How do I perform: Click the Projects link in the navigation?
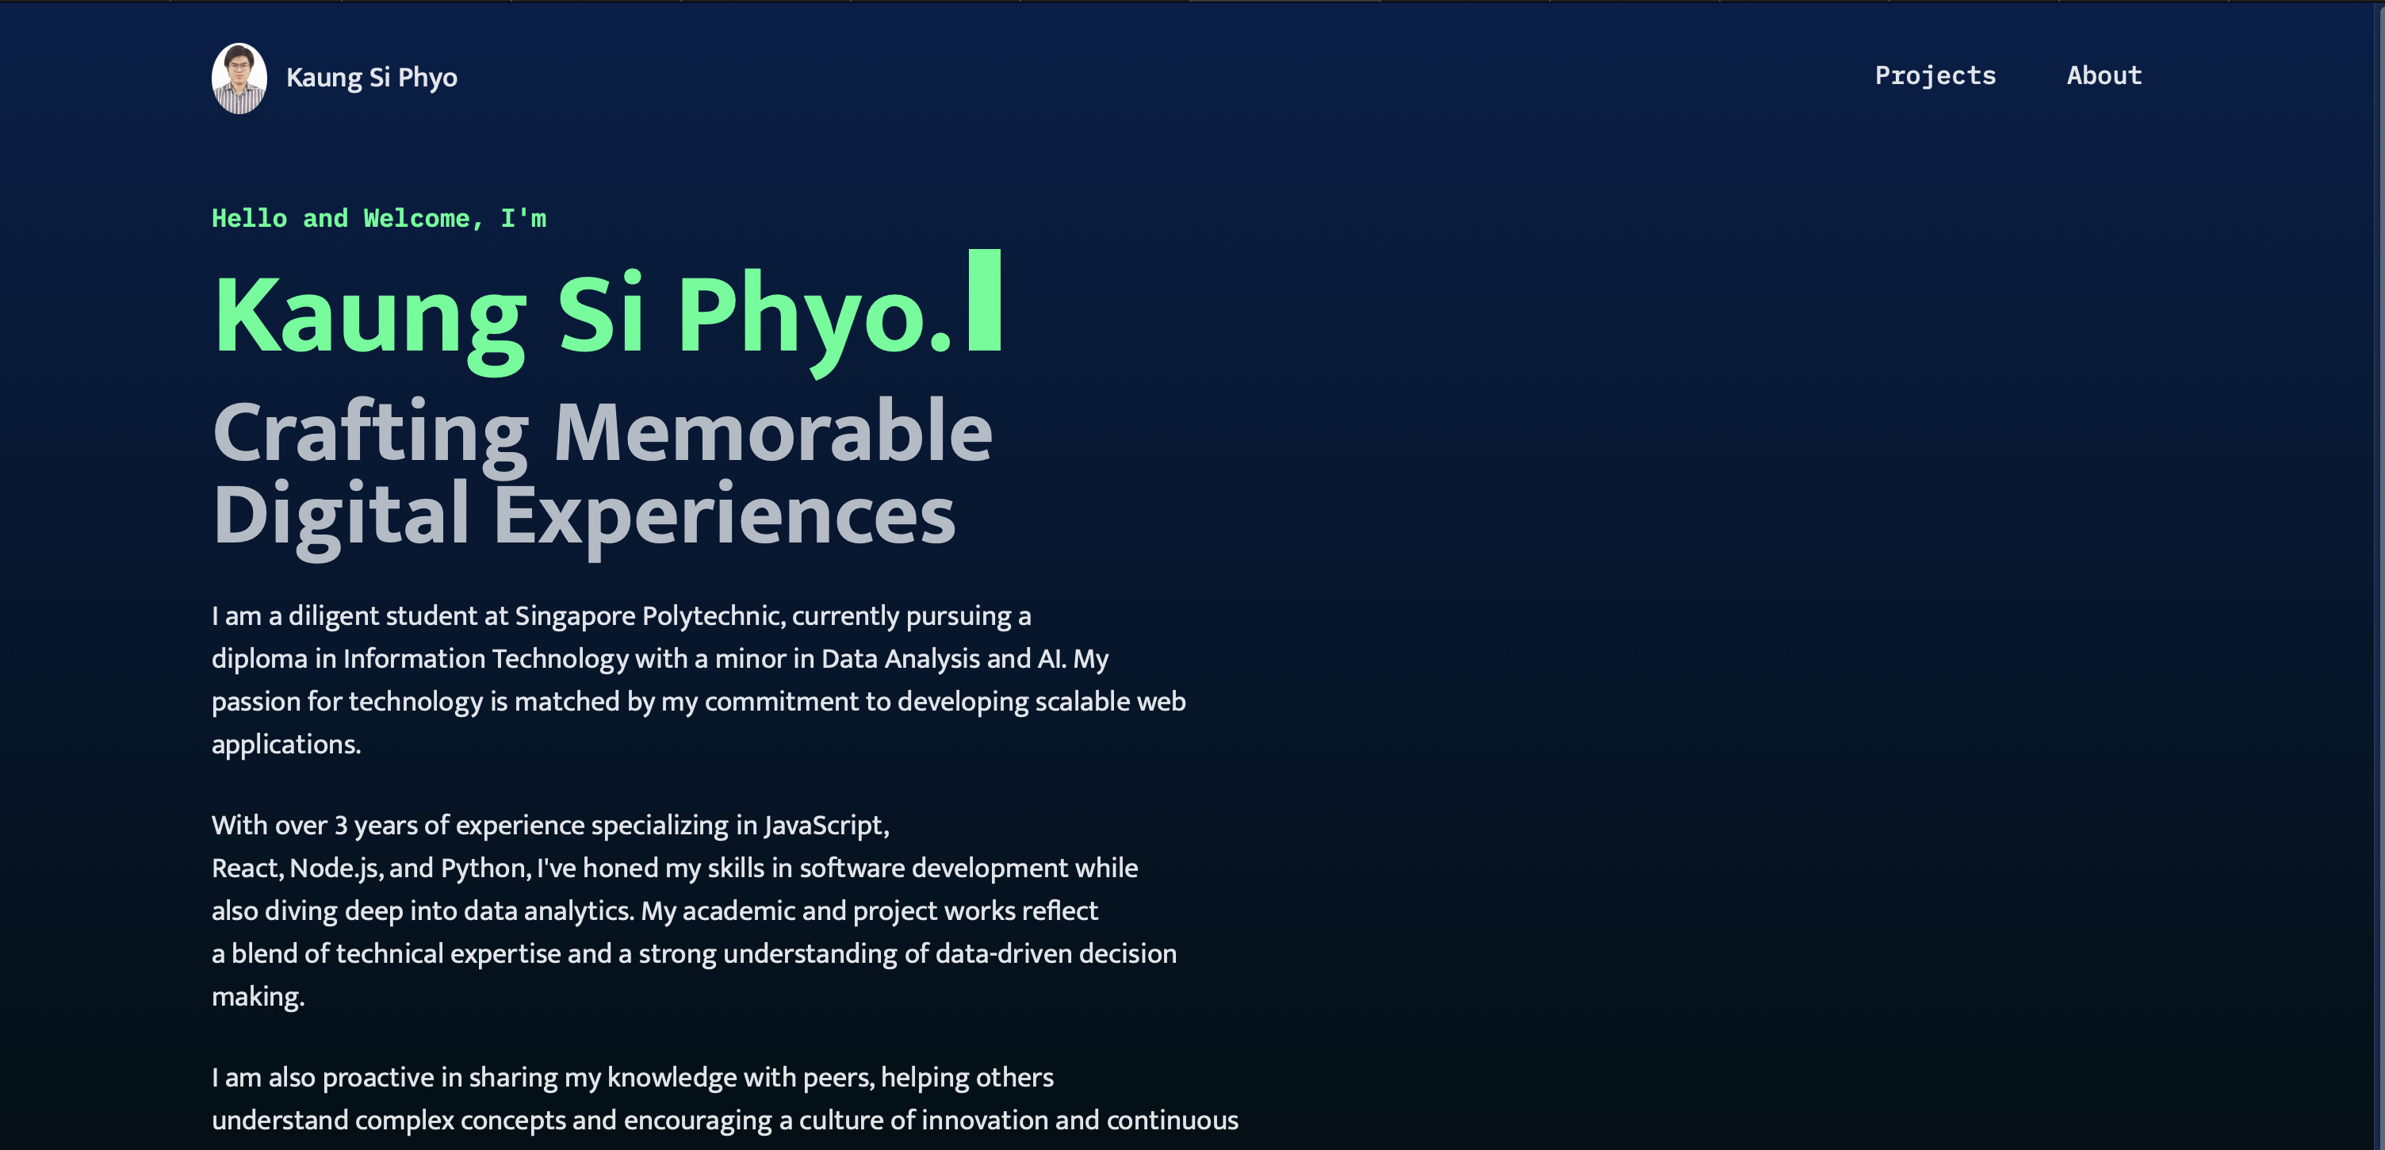pyautogui.click(x=1935, y=76)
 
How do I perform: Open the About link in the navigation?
pyautogui.click(x=2104, y=76)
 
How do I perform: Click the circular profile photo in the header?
pyautogui.click(x=239, y=78)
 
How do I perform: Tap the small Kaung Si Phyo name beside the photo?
pyautogui.click(x=371, y=78)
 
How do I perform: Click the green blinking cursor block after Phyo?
pyautogui.click(x=984, y=300)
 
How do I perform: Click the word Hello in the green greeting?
pyautogui.click(x=249, y=219)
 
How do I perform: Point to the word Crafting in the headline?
pyautogui.click(x=370, y=432)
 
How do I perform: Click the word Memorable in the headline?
pyautogui.click(x=772, y=432)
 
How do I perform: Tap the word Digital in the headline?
pyautogui.click(x=340, y=516)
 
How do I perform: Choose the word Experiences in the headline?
pyautogui.click(x=723, y=516)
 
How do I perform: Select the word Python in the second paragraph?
pyautogui.click(x=484, y=868)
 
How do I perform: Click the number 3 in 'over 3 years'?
pyautogui.click(x=341, y=825)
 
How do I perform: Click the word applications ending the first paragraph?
pyautogui.click(x=285, y=745)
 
